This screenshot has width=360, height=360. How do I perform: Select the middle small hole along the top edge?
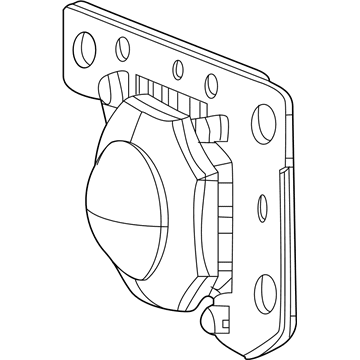[x=177, y=68]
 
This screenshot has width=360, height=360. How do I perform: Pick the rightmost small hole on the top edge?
[x=212, y=84]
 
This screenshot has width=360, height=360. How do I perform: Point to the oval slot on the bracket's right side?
[x=262, y=209]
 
